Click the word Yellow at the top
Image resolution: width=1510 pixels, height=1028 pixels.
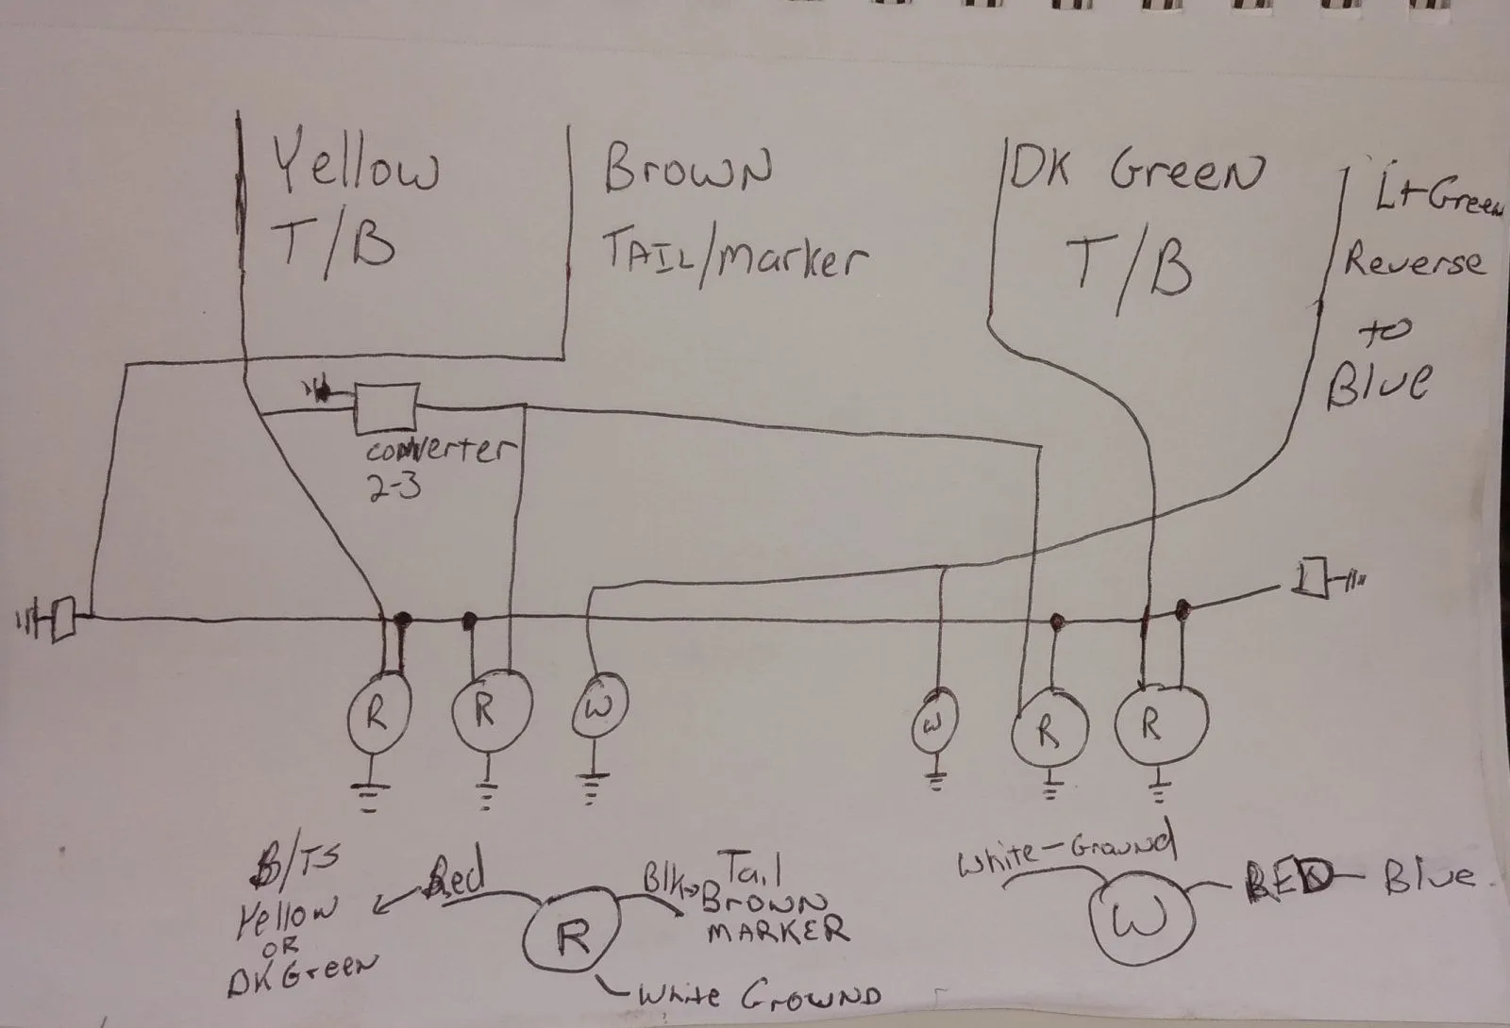pos(357,168)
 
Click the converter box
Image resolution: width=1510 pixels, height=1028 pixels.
pos(386,408)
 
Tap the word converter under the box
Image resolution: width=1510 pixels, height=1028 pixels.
pos(436,451)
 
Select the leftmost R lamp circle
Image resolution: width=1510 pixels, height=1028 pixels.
pos(375,717)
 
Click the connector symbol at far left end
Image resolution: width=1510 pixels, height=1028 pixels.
pos(62,619)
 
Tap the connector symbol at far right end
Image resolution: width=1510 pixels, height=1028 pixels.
pos(1310,577)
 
